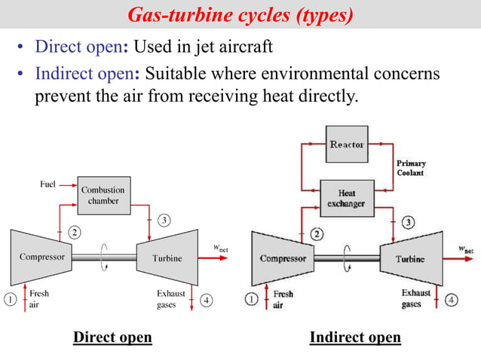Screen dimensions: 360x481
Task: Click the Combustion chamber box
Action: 103,196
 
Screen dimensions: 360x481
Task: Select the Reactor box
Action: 347,144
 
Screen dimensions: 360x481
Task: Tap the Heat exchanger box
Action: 346,198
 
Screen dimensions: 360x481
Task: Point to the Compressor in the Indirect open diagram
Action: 283,258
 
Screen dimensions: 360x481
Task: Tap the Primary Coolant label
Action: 411,168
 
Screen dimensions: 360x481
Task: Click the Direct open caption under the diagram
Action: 112,337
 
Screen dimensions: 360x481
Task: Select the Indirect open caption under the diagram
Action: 355,337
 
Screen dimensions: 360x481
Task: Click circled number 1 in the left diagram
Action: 11,298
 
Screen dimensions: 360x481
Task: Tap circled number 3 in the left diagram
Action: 164,220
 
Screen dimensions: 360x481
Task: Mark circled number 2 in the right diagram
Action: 317,233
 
